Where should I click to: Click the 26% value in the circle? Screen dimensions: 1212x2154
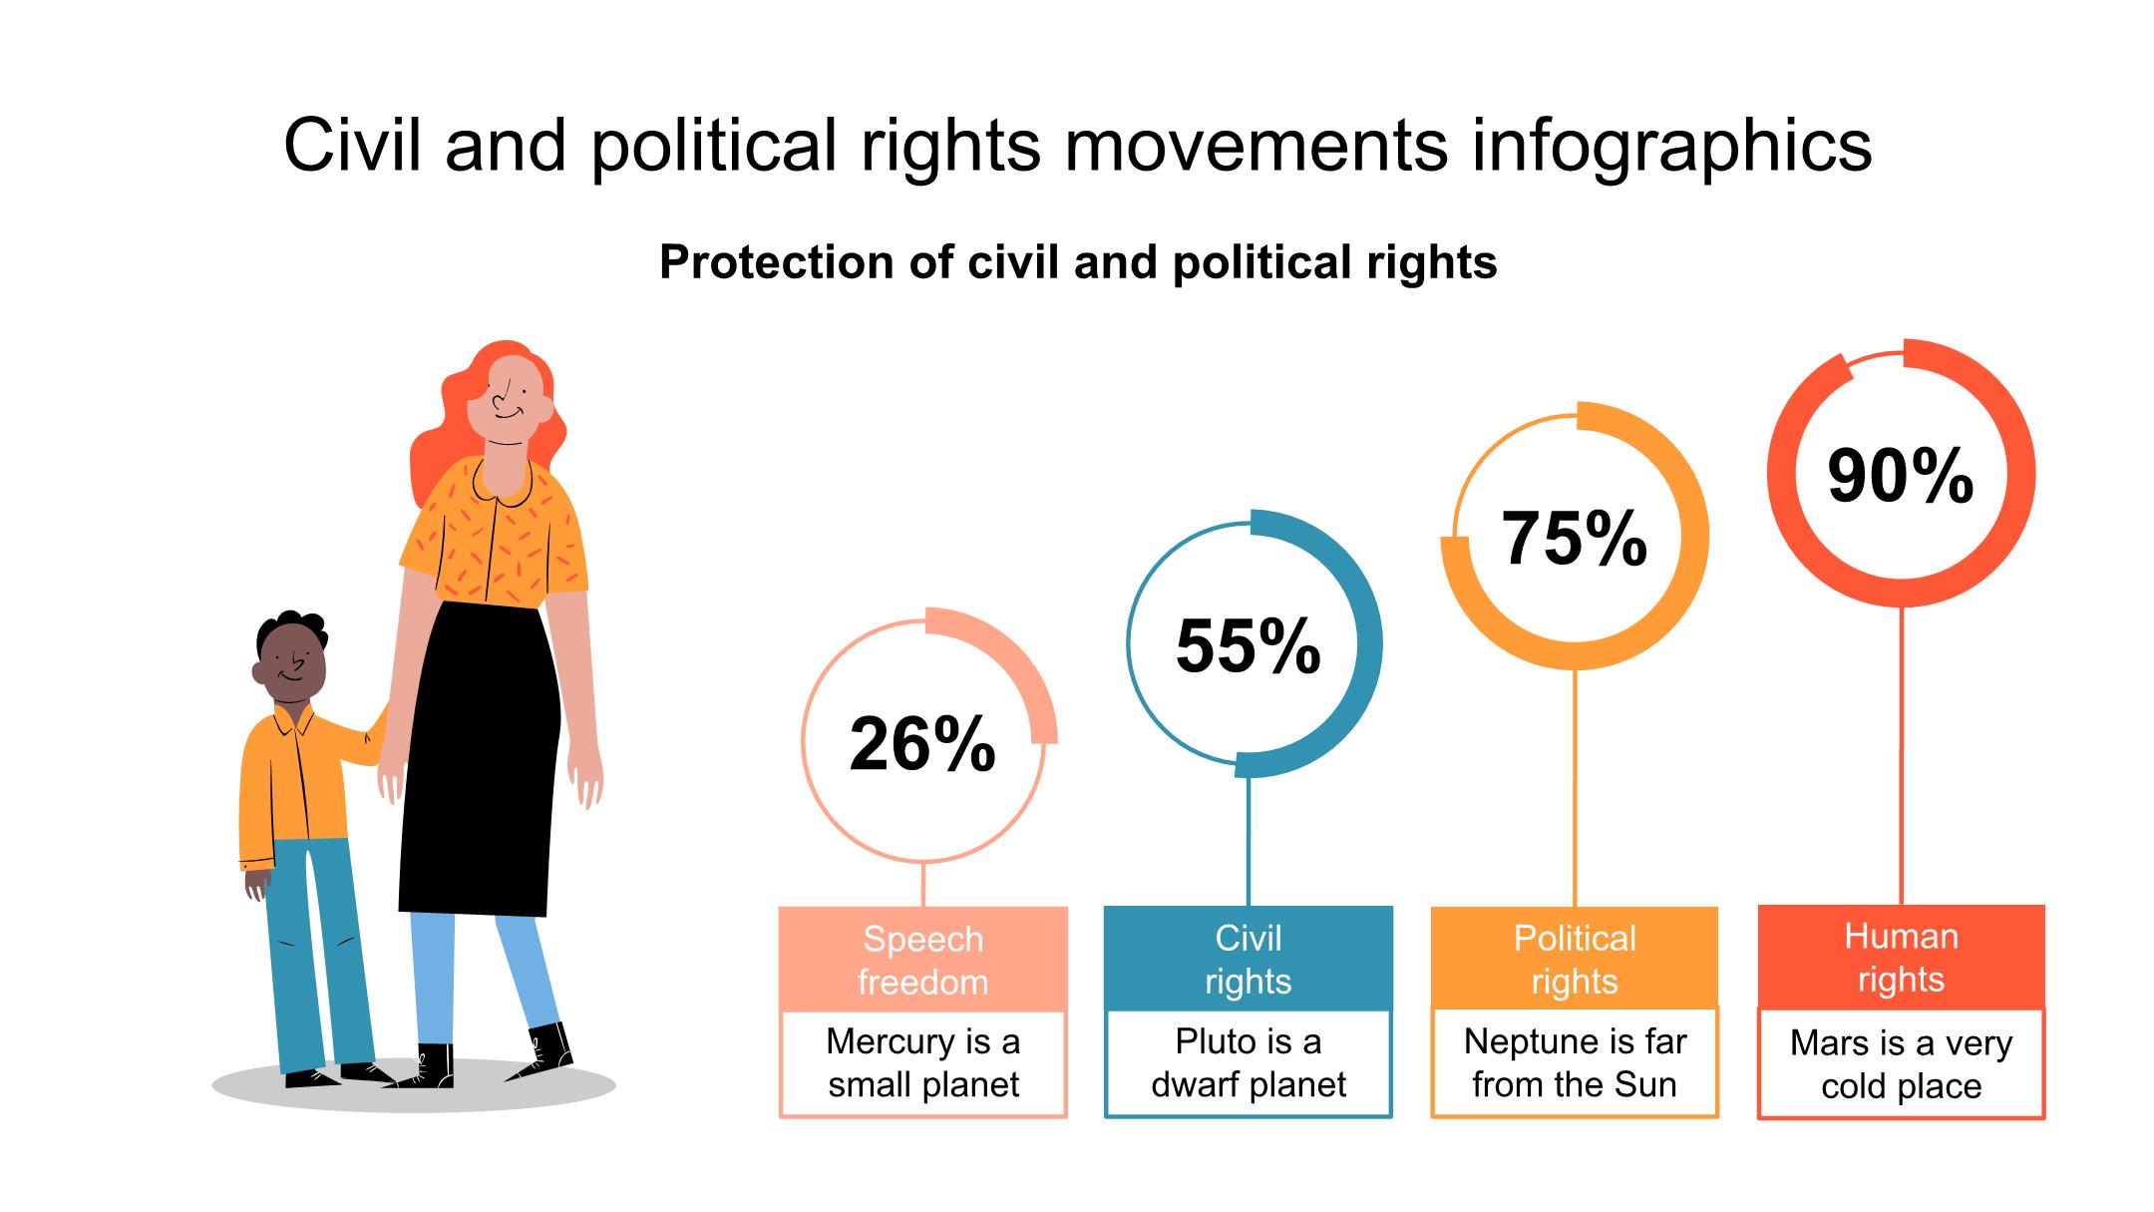(922, 744)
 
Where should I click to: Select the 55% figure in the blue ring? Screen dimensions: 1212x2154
(1249, 645)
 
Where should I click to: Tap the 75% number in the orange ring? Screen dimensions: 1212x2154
(1574, 539)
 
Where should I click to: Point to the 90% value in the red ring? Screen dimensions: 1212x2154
(1901, 476)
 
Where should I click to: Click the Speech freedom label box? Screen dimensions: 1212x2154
(922, 960)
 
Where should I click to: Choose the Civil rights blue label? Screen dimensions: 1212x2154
(1249, 959)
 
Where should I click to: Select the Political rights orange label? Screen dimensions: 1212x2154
(1575, 959)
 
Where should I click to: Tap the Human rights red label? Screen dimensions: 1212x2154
(1901, 958)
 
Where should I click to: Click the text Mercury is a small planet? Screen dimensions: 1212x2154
(922, 1062)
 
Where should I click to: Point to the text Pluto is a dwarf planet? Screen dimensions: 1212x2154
(1249, 1062)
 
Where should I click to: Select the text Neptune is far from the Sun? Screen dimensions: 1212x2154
(1575, 1062)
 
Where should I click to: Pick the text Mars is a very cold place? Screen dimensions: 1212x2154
(1901, 1064)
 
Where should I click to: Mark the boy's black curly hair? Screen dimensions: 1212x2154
(289, 625)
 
